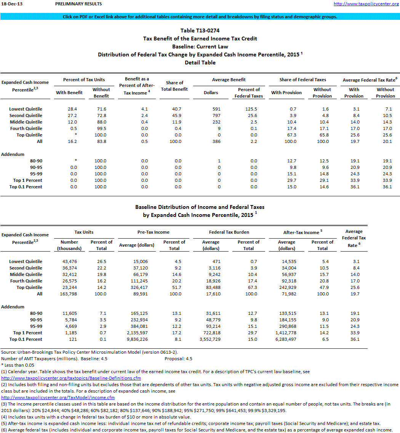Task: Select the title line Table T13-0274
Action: (200, 30)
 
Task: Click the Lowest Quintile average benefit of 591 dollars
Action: (216, 109)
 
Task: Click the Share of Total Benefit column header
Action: (174, 86)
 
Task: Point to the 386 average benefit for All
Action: (216, 141)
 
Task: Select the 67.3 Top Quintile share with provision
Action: (291, 135)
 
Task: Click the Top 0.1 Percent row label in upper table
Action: (26, 187)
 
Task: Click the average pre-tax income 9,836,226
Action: (139, 339)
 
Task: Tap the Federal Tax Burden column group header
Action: (229, 232)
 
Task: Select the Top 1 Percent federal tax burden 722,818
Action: (213, 333)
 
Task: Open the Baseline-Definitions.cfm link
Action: (71, 378)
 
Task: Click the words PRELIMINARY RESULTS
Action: (78, 4)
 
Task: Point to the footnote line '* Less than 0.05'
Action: (18, 365)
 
